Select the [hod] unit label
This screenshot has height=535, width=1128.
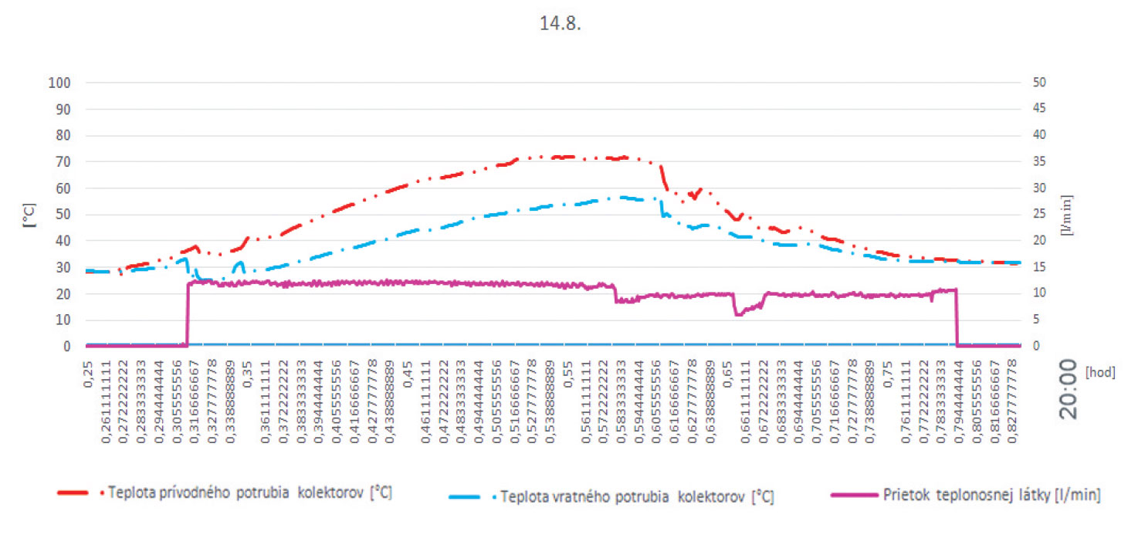(x=1100, y=371)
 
